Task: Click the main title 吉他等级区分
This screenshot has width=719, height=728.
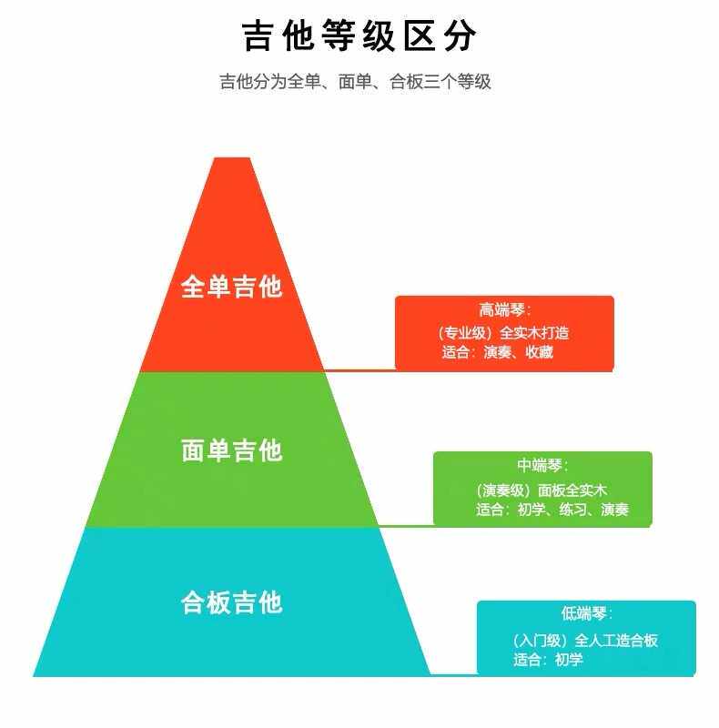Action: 359,37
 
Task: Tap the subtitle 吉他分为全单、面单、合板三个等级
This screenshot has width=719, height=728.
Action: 355,82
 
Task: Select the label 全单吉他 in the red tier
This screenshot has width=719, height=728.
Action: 232,287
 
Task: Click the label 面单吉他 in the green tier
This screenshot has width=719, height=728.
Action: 232,450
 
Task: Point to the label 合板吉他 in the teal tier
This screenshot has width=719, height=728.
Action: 232,602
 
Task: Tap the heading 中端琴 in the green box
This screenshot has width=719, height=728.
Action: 543,466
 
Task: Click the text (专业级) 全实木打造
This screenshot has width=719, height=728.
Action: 503,333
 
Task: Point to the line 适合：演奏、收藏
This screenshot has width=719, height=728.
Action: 498,352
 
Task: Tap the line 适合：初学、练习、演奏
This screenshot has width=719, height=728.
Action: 552,510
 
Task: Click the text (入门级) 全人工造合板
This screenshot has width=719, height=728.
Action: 585,641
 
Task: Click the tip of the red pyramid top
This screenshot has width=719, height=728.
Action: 231,160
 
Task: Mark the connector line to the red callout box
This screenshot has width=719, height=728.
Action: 359,370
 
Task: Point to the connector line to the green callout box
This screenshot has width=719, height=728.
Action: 405,526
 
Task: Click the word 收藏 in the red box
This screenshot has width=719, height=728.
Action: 539,352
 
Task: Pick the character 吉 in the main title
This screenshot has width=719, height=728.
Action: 258,37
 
